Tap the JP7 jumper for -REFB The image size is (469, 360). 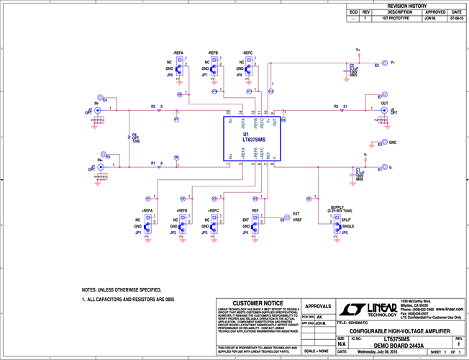(x=214, y=68)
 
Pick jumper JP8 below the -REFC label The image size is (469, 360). (x=249, y=68)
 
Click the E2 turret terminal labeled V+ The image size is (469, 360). (x=384, y=63)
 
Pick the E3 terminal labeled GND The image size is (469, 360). (x=382, y=143)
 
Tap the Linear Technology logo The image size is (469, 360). (x=377, y=310)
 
